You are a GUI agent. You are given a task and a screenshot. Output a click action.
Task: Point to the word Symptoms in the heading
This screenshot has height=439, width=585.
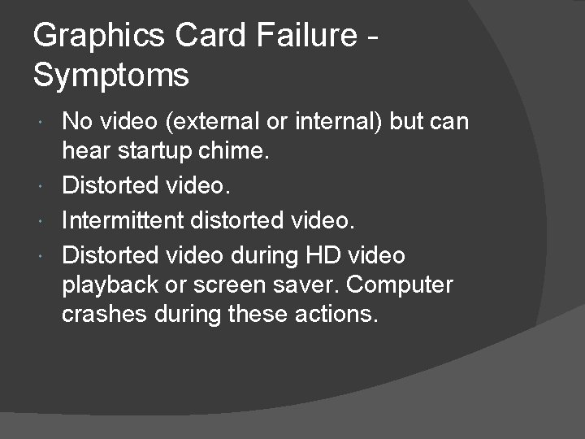pos(111,76)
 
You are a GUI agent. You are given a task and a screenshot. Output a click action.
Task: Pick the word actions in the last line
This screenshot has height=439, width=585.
pos(339,314)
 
